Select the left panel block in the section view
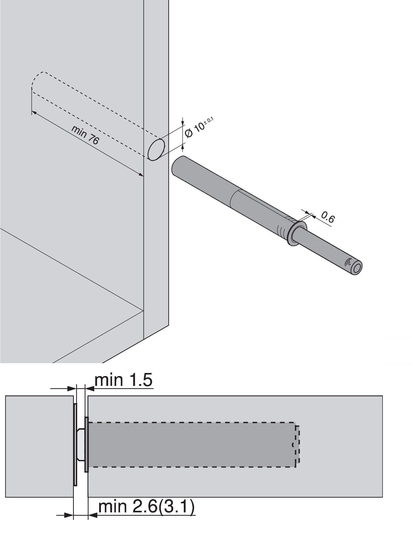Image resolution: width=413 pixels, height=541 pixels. [x=39, y=436]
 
